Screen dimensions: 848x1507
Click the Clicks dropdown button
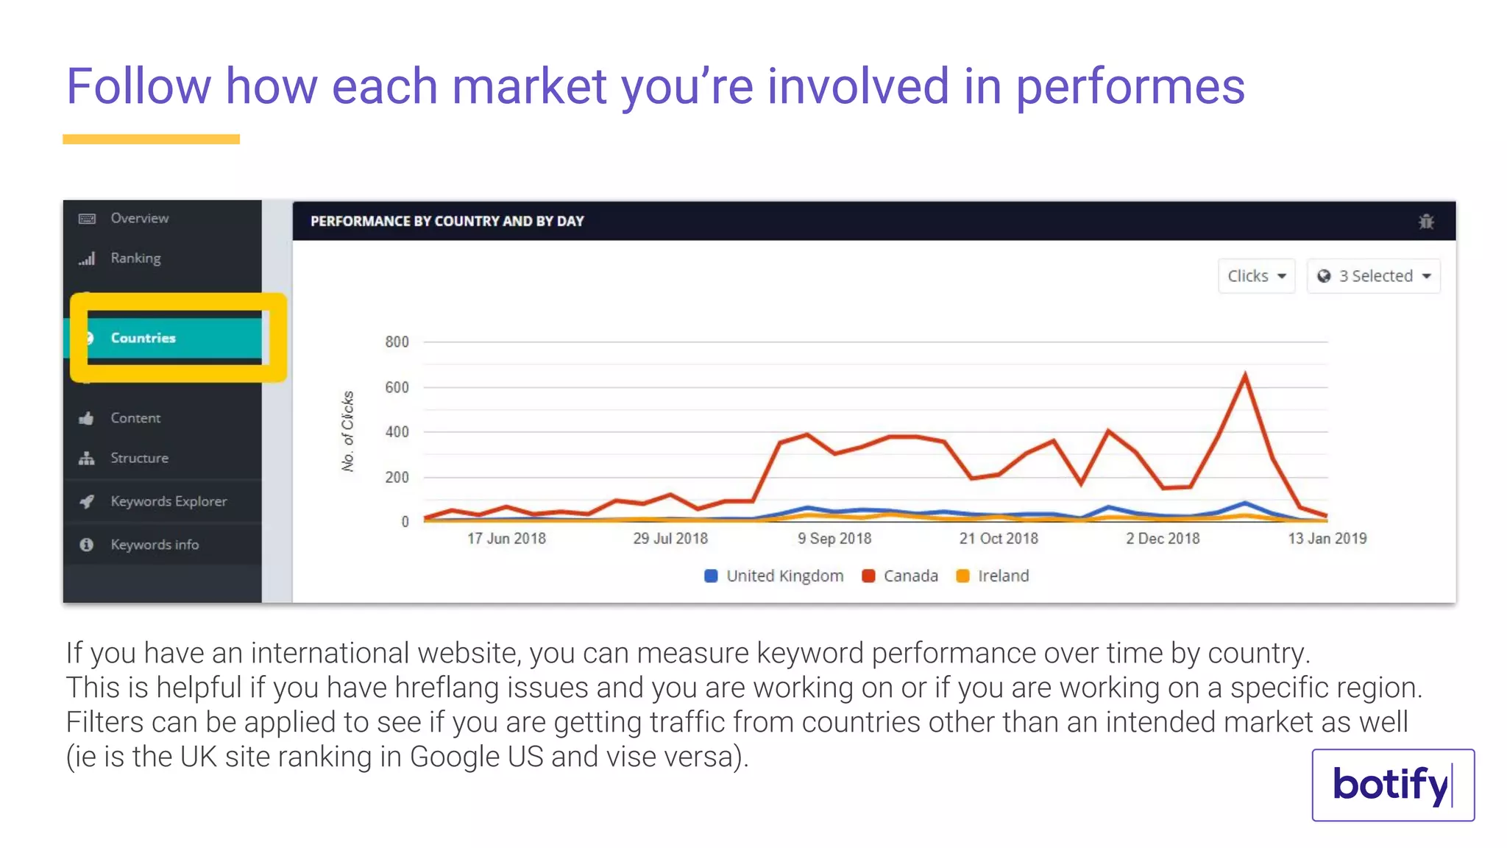tap(1256, 276)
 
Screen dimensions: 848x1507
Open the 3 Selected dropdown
tap(1373, 276)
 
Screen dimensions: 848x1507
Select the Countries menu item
tap(143, 338)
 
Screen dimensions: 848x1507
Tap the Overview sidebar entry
tap(139, 218)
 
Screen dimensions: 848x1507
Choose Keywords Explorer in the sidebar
tap(169, 501)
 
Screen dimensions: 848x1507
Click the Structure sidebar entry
tap(139, 458)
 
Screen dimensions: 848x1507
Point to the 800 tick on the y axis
tap(397, 342)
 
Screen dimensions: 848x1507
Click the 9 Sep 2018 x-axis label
tap(834, 538)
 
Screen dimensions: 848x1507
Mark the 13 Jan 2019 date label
tap(1327, 538)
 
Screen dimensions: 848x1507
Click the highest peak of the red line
tap(1245, 375)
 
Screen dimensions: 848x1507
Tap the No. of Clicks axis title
tap(347, 431)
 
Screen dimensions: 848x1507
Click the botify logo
tap(1392, 785)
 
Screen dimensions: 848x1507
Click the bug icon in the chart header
tap(1426, 222)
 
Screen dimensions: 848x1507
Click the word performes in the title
tap(1130, 87)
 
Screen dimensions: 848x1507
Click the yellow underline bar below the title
tap(151, 139)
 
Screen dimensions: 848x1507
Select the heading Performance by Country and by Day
tap(447, 222)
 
